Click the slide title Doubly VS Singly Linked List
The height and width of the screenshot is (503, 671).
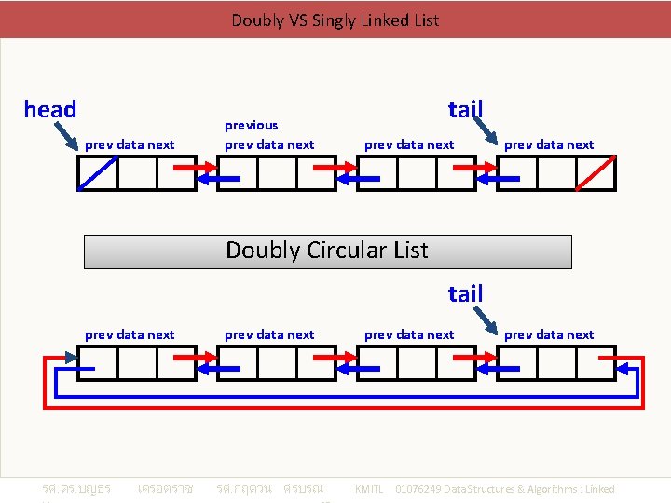pyautogui.click(x=335, y=20)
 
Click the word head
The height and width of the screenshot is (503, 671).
pyautogui.click(x=50, y=110)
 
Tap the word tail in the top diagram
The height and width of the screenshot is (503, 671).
pyautogui.click(x=465, y=110)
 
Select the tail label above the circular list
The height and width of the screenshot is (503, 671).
pyautogui.click(x=465, y=294)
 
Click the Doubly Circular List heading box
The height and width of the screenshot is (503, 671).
pyautogui.click(x=327, y=251)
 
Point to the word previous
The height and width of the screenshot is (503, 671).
pyautogui.click(x=251, y=125)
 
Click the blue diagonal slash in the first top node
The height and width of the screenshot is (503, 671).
pyautogui.click(x=97, y=173)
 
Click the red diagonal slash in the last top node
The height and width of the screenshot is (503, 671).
pyautogui.click(x=596, y=173)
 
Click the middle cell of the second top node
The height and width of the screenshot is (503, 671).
pyautogui.click(x=277, y=173)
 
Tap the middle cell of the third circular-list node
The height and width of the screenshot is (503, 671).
pyautogui.click(x=417, y=363)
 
